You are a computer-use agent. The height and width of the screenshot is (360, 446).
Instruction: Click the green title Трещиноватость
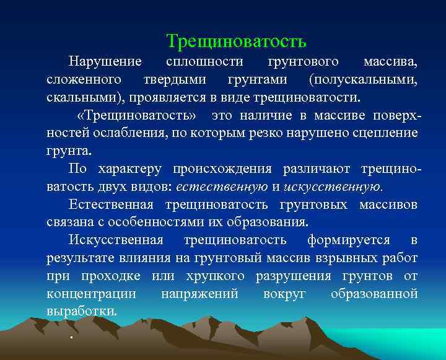pyautogui.click(x=236, y=42)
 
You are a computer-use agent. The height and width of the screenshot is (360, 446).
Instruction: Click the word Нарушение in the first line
pyautogui.click(x=105, y=62)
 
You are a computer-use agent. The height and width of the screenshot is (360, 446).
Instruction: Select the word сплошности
pyautogui.click(x=204, y=62)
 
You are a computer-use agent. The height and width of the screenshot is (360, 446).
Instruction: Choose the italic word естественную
pyautogui.click(x=222, y=187)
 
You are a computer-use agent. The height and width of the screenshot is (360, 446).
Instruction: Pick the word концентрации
pyautogui.click(x=91, y=293)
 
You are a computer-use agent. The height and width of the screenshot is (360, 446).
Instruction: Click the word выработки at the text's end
pyautogui.click(x=81, y=311)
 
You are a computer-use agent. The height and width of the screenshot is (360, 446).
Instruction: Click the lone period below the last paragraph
pyautogui.click(x=72, y=336)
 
